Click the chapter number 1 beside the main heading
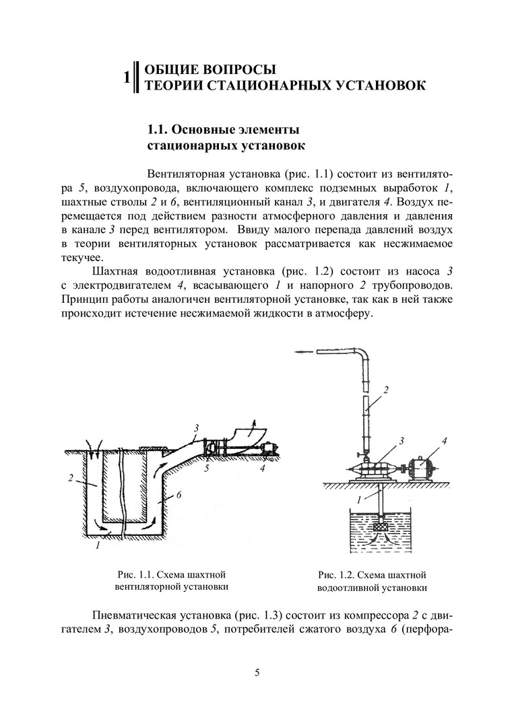click(x=127, y=77)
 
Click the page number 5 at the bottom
click(x=257, y=672)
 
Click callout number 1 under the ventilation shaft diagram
click(x=98, y=546)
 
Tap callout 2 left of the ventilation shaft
click(x=71, y=479)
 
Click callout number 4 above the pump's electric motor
click(x=444, y=441)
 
